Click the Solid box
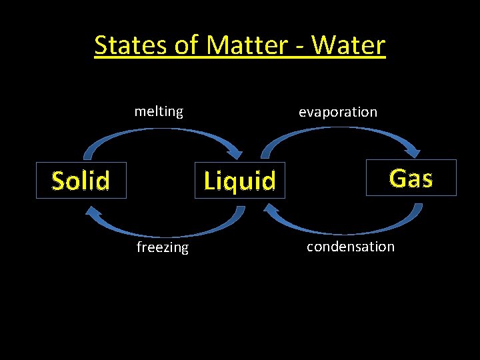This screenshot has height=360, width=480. click(x=81, y=180)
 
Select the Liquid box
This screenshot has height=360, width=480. click(x=239, y=180)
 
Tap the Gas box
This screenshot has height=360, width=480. click(x=411, y=177)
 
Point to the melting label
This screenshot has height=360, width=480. click(x=159, y=111)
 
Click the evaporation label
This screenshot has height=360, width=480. click(x=337, y=112)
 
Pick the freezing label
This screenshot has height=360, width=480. click(x=162, y=247)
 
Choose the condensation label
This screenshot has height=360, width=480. click(x=350, y=246)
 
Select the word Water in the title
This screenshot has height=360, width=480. click(x=348, y=45)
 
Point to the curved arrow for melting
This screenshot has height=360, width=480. click(x=160, y=130)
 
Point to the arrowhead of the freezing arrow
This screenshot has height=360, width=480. click(x=90, y=209)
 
